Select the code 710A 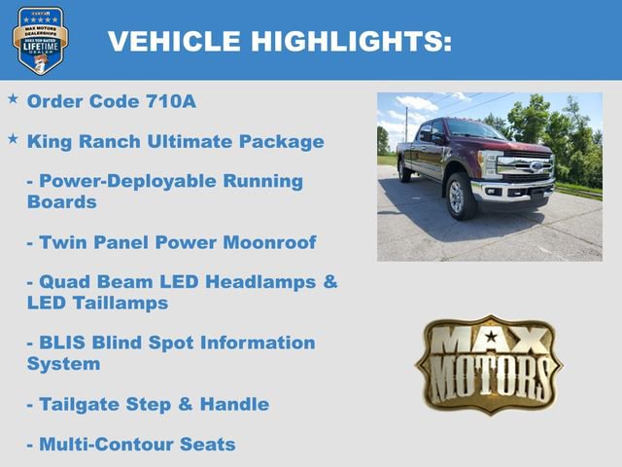[172, 101]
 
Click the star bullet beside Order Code [13, 99]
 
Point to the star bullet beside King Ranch [13, 139]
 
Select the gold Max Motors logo [489, 364]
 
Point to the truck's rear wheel [403, 171]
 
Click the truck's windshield [470, 131]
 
